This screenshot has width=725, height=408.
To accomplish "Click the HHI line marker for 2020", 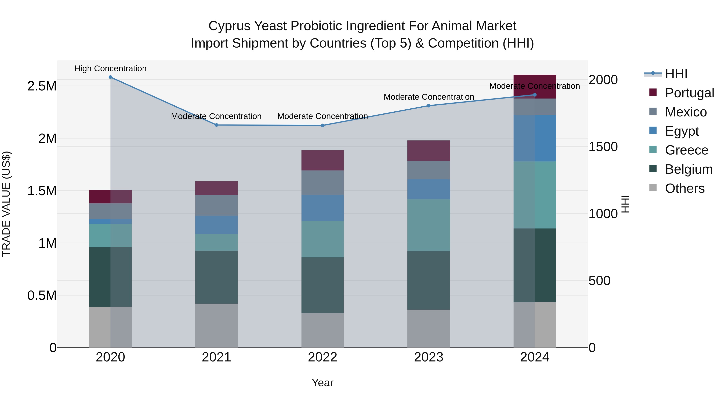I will (110, 77).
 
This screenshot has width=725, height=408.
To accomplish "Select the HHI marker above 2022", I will (323, 126).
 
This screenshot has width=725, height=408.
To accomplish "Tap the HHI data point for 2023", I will (429, 106).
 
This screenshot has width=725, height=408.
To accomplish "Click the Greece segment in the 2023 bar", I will (429, 225).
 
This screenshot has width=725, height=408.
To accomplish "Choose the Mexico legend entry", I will (686, 112).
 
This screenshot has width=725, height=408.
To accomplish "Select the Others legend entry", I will (685, 188).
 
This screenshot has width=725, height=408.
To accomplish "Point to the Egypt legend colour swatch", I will (653, 131).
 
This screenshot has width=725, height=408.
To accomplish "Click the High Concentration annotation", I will (110, 69).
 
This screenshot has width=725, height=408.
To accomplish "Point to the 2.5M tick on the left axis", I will (42, 86).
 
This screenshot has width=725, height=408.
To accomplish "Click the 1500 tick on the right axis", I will (603, 147).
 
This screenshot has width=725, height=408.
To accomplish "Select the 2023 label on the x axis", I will (428, 357).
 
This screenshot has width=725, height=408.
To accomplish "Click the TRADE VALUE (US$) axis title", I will (6, 204).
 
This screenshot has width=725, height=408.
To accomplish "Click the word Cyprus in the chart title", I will (229, 26).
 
